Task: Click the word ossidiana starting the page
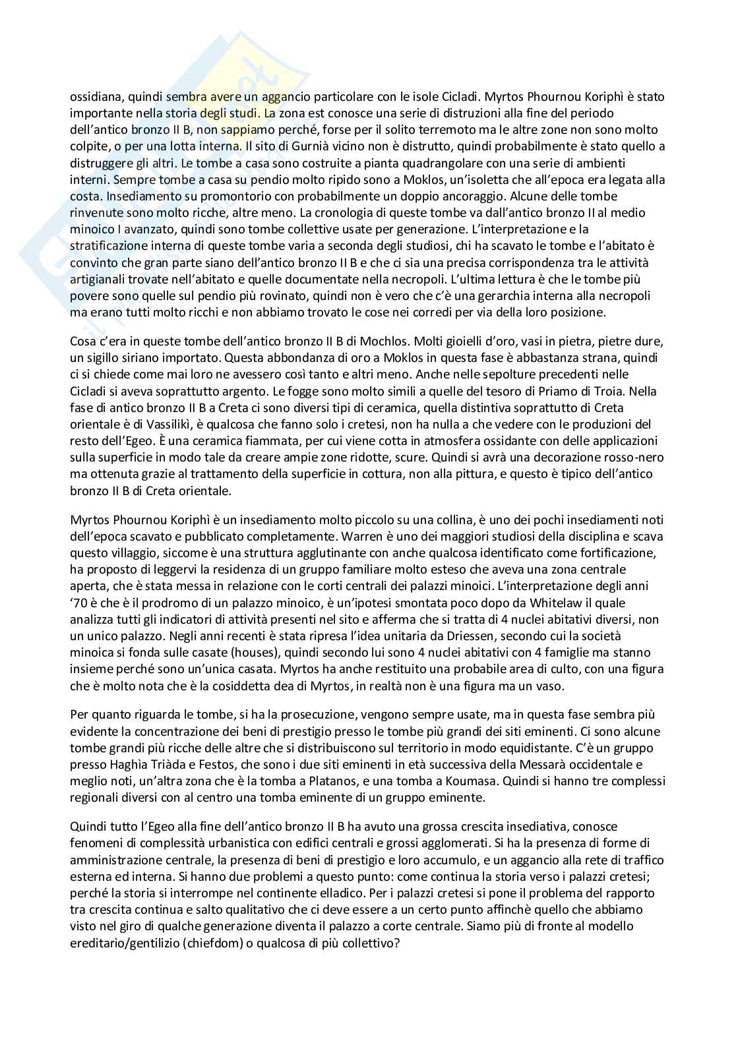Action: coord(96,97)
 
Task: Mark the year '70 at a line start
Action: coord(79,603)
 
